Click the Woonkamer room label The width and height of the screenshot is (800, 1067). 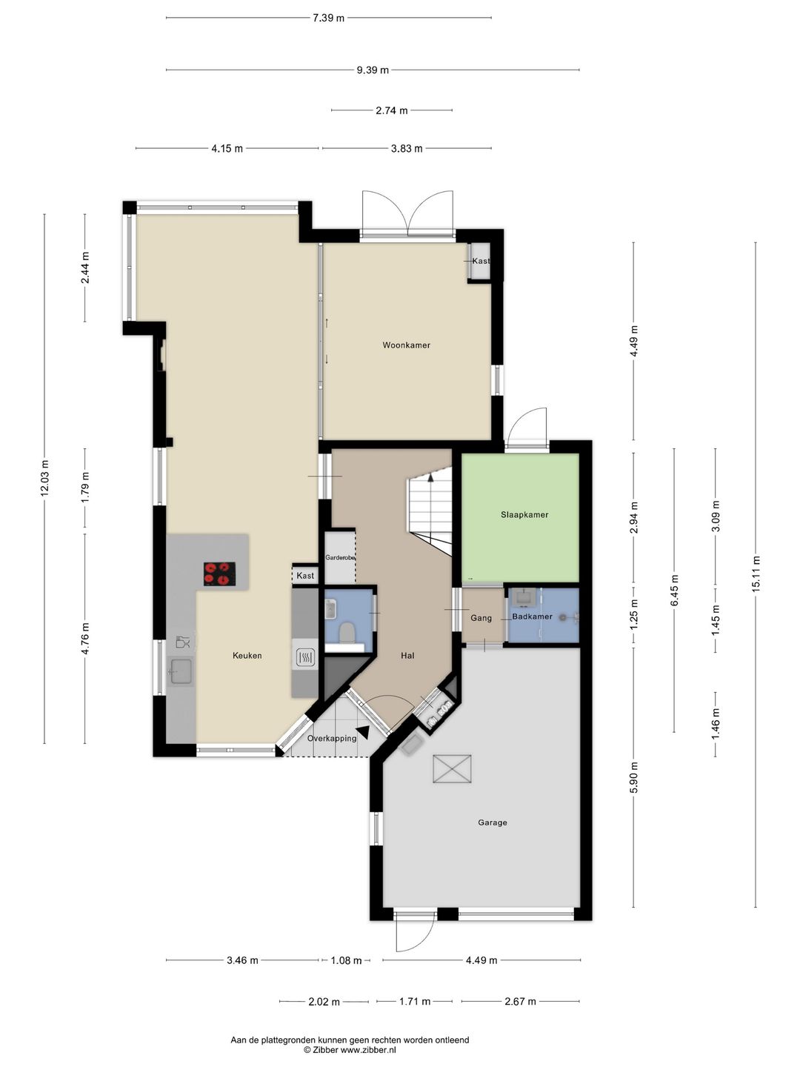(x=406, y=345)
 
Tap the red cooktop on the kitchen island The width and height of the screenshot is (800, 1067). (x=219, y=574)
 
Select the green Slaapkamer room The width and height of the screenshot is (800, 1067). (x=520, y=517)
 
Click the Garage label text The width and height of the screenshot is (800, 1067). (x=492, y=822)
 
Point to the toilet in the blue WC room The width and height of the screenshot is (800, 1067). (x=347, y=633)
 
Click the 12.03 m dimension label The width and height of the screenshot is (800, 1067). (x=44, y=479)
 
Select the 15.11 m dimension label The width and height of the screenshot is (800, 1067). (x=756, y=574)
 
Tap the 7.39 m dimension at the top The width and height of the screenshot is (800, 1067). (x=328, y=18)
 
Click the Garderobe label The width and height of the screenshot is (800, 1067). (x=340, y=558)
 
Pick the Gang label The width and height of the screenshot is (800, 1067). (x=481, y=618)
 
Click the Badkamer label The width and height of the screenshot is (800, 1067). (x=532, y=616)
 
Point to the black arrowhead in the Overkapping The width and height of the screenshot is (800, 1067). (x=362, y=731)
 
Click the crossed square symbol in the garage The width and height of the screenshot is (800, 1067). (x=452, y=768)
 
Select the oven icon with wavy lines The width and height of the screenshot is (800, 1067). (x=305, y=658)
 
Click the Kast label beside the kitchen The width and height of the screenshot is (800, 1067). (x=305, y=576)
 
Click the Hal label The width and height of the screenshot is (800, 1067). (x=407, y=656)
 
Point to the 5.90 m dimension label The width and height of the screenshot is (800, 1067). (x=633, y=777)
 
